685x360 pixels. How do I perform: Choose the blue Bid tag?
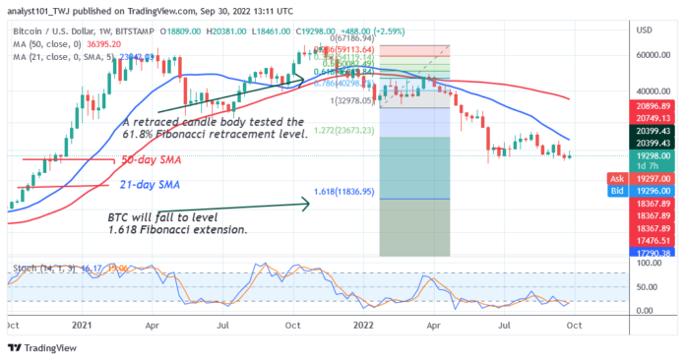(x=612, y=191)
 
